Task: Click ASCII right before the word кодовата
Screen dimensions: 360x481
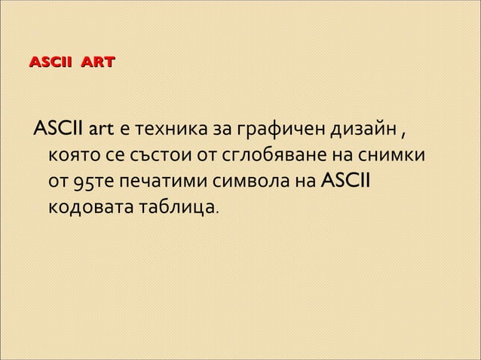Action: click(348, 182)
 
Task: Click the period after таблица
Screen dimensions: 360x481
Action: click(218, 210)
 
